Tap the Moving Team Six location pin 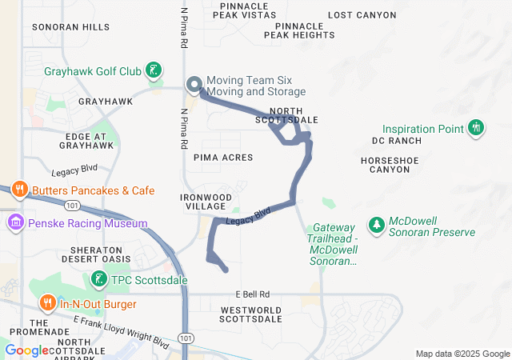pyautogui.click(x=194, y=85)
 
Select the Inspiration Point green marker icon pyautogui.click(x=476, y=128)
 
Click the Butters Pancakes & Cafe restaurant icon pyautogui.click(x=22, y=190)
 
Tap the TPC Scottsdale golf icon pyautogui.click(x=98, y=279)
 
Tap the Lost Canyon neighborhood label pyautogui.click(x=362, y=15)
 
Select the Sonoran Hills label pyautogui.click(x=70, y=27)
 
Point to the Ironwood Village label pyautogui.click(x=206, y=202)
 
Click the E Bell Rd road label pyautogui.click(x=253, y=294)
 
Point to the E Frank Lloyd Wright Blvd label pyautogui.click(x=120, y=330)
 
